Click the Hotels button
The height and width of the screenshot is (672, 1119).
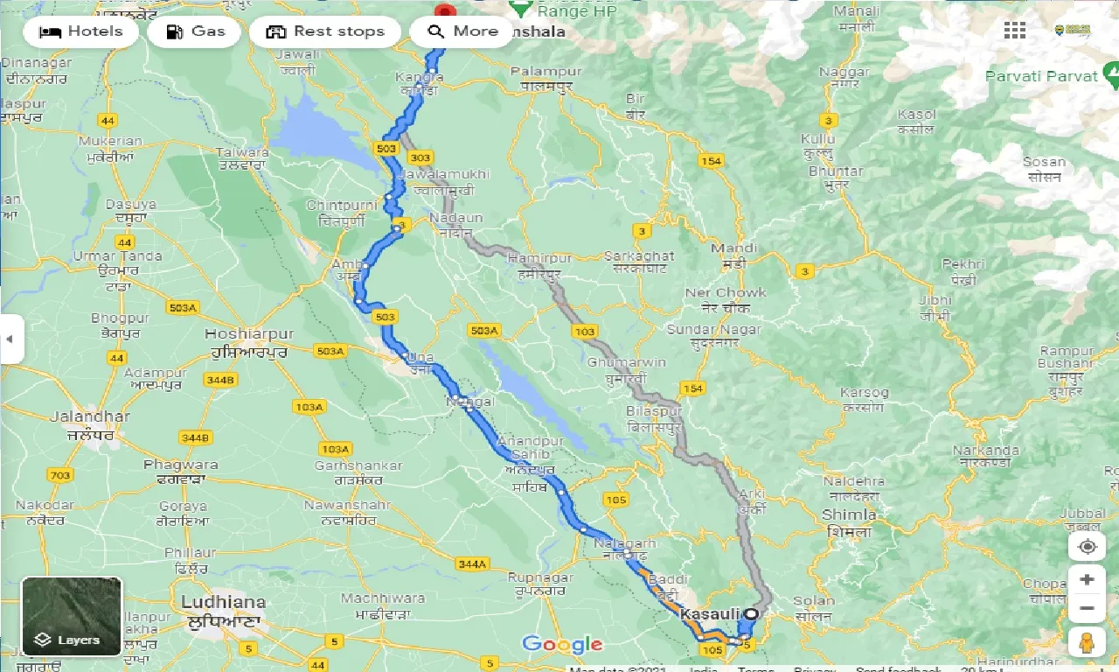pyautogui.click(x=81, y=31)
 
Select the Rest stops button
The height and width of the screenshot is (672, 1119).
pyautogui.click(x=325, y=31)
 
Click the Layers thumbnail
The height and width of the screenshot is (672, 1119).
pyautogui.click(x=72, y=617)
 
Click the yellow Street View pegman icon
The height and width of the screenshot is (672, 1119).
pyautogui.click(x=1087, y=641)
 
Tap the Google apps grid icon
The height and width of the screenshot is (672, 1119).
pyautogui.click(x=1015, y=31)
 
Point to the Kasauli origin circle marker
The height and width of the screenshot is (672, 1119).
pyautogui.click(x=750, y=614)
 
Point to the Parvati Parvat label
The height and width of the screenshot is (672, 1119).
pyautogui.click(x=1041, y=77)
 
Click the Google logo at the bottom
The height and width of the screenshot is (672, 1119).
pyautogui.click(x=562, y=645)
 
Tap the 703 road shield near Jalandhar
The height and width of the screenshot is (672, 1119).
pyautogui.click(x=60, y=475)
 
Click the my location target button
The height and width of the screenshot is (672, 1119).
pyautogui.click(x=1087, y=547)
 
